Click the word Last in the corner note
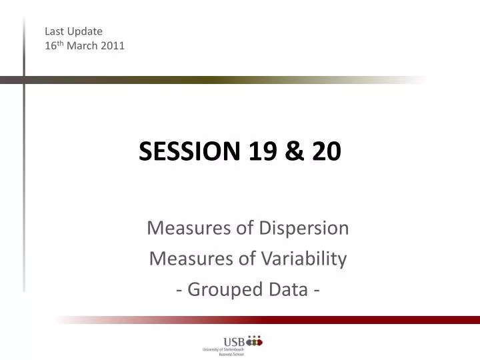(54, 31)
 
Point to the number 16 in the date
(49, 46)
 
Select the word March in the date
(81, 46)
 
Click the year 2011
(113, 46)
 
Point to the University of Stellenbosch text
(223, 349)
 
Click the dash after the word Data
(311, 290)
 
